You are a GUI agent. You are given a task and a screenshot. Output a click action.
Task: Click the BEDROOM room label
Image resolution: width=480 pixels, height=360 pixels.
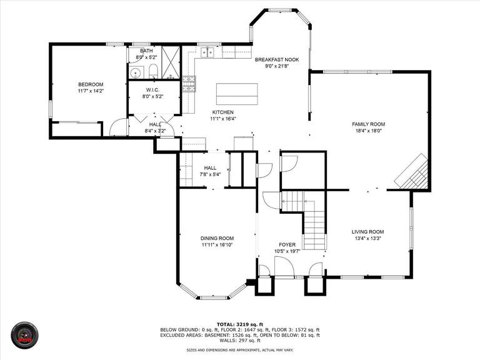point(91,84)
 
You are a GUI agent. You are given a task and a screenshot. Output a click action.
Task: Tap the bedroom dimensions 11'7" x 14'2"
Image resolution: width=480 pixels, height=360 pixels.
point(91,91)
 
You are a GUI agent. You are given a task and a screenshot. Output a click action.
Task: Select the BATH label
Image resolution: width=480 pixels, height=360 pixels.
point(146,51)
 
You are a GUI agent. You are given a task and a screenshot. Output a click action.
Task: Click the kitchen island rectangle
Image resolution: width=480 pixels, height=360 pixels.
point(236,94)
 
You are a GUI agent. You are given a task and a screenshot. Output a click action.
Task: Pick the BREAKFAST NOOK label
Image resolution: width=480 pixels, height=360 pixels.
point(277,59)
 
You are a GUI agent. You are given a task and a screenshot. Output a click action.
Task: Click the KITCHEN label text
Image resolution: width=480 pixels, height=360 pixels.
point(223,112)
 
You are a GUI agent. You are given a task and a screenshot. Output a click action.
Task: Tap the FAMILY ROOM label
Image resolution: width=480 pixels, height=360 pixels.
point(368,124)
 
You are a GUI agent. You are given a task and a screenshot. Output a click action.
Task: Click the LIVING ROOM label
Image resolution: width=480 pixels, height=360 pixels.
point(367,231)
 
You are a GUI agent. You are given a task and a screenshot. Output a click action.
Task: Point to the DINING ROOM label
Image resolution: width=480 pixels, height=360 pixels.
point(217,238)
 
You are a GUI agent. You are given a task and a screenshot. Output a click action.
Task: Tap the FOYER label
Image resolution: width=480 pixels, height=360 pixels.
point(287,244)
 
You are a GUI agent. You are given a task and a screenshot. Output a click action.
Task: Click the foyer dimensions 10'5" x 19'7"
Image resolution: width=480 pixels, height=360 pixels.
point(287,251)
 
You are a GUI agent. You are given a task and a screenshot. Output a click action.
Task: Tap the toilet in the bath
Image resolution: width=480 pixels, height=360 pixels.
point(153,71)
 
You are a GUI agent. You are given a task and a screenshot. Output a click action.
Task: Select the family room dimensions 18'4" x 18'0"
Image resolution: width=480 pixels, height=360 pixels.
point(368,131)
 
